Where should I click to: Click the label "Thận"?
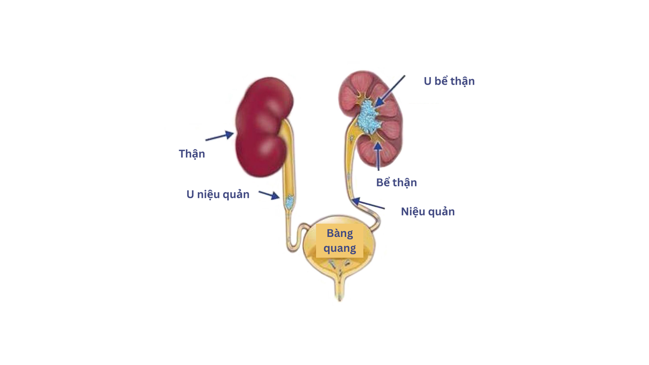click(x=192, y=154)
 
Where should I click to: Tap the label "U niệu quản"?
click(x=218, y=194)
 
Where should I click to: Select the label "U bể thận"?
click(x=449, y=81)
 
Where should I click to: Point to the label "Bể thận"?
click(x=396, y=182)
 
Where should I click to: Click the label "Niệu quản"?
click(x=427, y=211)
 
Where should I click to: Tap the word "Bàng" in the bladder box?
click(x=340, y=234)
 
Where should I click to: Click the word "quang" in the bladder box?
click(x=340, y=249)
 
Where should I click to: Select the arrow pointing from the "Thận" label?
click(x=220, y=136)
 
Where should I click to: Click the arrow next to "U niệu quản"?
click(x=269, y=195)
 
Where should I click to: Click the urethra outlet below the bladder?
click(x=339, y=291)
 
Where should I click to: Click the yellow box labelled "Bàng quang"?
click(x=340, y=241)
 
